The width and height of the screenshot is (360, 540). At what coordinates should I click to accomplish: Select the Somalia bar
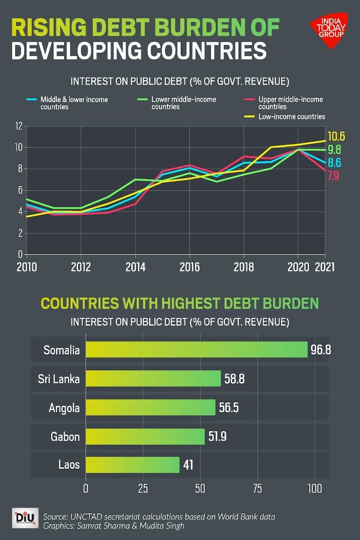point(196,349)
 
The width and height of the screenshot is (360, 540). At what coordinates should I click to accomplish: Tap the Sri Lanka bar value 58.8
point(234,379)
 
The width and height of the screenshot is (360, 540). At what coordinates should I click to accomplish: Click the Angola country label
point(64,408)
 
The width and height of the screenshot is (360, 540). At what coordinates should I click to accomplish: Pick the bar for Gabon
point(145,437)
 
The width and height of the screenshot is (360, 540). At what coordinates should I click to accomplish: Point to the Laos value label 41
point(188,465)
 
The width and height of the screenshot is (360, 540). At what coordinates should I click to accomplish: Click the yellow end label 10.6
point(336,136)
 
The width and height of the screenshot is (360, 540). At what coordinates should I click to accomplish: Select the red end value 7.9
point(334,176)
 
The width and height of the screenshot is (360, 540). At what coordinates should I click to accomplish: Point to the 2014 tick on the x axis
point(135,267)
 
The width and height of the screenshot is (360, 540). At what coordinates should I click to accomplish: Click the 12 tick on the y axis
point(19,126)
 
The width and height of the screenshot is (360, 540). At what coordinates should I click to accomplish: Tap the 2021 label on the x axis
point(324,267)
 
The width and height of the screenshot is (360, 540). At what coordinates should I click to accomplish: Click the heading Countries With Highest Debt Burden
point(180,304)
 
